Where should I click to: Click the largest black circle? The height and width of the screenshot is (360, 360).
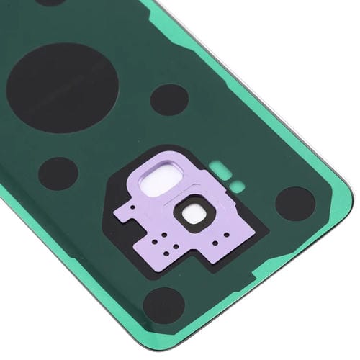pos(62,87)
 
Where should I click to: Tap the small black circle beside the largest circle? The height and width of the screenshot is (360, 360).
pos(168,99)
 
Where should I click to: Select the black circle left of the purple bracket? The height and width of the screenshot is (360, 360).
pos(58,173)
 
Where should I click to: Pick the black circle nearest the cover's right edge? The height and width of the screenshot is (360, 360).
pos(295,203)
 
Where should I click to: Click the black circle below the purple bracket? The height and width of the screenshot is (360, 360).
pos(163,305)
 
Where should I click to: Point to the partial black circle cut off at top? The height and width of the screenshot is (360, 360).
pos(50,2)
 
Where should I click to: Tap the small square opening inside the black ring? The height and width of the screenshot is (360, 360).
pos(193,215)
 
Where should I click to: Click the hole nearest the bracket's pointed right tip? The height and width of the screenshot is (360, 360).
pos(235,231)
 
